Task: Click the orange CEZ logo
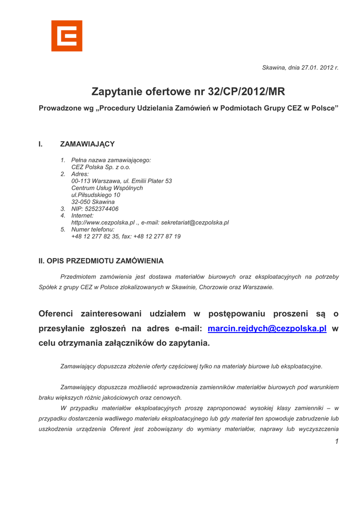(67, 36)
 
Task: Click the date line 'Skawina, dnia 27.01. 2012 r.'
(300, 68)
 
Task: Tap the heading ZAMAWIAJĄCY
(88, 144)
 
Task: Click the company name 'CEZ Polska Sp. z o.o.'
(101, 168)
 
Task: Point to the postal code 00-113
(81, 181)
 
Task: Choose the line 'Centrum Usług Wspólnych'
(107, 188)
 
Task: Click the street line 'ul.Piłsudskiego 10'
(95, 195)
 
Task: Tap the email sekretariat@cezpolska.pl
(195, 223)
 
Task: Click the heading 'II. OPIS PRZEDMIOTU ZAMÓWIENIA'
(101, 261)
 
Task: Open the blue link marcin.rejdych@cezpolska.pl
(267, 329)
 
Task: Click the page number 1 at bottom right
(337, 442)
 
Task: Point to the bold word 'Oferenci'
(56, 314)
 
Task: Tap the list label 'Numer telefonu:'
(93, 230)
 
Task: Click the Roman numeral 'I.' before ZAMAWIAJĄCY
(41, 144)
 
